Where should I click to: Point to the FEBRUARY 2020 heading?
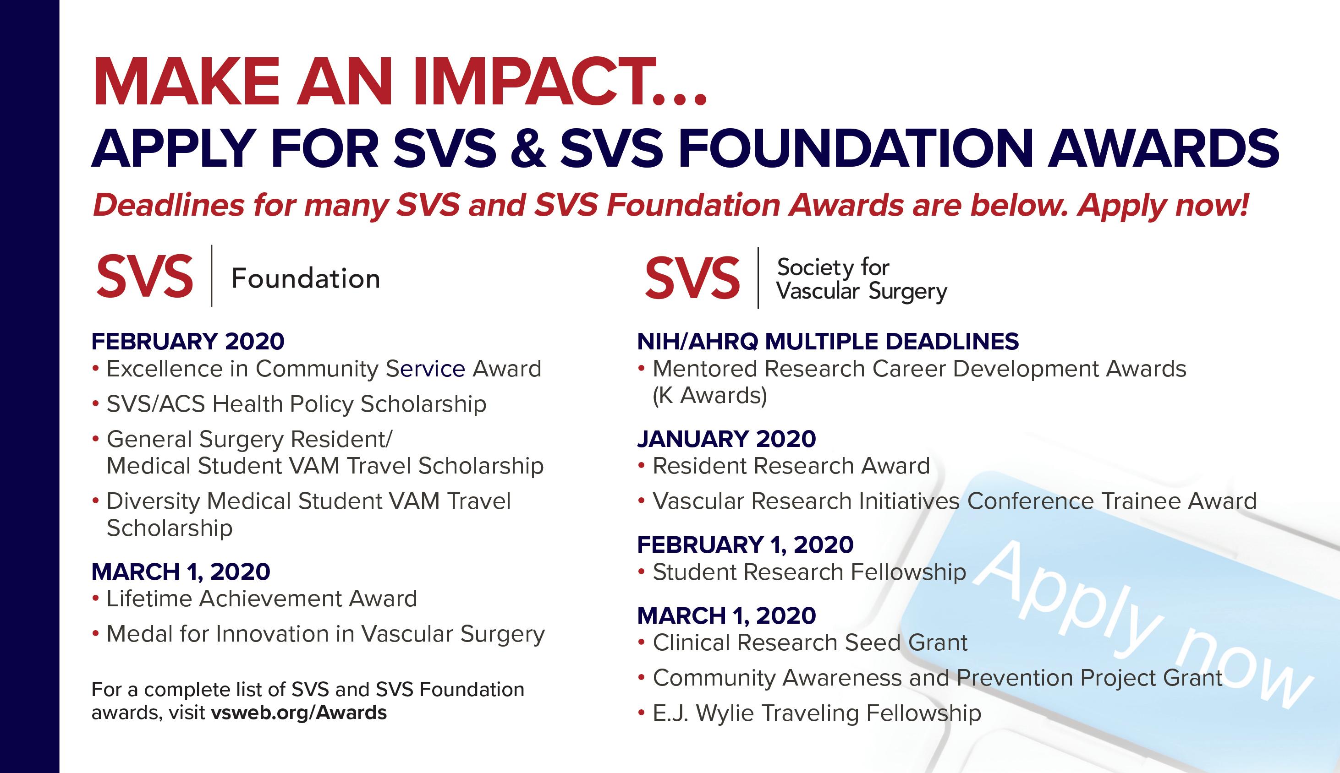click(188, 341)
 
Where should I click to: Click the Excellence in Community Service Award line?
click(324, 369)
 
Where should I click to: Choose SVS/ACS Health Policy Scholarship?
click(297, 404)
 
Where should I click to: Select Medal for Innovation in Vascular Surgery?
click(326, 634)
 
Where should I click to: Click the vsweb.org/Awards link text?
click(299, 712)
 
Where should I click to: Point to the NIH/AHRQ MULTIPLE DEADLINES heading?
click(828, 341)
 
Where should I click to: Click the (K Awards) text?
click(710, 396)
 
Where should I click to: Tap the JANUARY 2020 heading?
click(726, 439)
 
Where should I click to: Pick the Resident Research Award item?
click(791, 466)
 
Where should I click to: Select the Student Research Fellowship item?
click(809, 572)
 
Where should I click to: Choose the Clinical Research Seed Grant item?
click(810, 642)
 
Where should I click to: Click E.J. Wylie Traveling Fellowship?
click(817, 713)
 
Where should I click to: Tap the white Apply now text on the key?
click(1142, 624)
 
